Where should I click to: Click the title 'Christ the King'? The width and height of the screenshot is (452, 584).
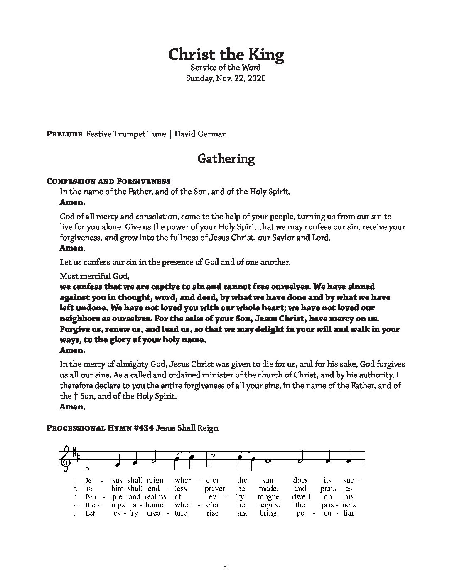(x=226, y=54)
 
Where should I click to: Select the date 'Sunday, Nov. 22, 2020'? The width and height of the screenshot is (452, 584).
(x=226, y=78)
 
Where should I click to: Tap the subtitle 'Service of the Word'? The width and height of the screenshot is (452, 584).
(x=226, y=67)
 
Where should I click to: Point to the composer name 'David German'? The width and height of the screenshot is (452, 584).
(x=201, y=134)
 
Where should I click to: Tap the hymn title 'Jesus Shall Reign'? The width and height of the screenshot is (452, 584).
(x=187, y=428)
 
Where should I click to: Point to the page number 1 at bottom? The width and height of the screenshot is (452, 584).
(x=226, y=568)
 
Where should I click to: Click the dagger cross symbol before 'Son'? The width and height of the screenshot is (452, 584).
(x=76, y=396)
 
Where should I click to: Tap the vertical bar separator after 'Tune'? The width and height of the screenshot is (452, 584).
(x=170, y=134)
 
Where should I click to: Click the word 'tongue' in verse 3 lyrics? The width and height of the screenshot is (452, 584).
(x=268, y=496)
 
